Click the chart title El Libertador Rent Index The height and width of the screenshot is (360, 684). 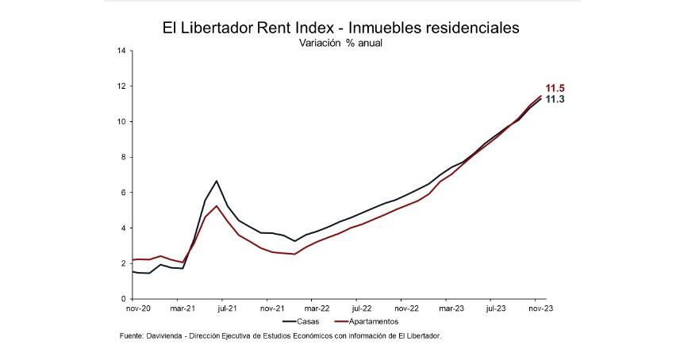pyautogui.click(x=341, y=28)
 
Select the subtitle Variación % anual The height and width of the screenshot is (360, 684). pyautogui.click(x=341, y=44)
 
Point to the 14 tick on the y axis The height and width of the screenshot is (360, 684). pyautogui.click(x=121, y=51)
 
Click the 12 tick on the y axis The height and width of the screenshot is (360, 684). pyautogui.click(x=121, y=86)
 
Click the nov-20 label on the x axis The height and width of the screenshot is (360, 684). pyautogui.click(x=139, y=309)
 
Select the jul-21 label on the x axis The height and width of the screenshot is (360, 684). pyautogui.click(x=228, y=309)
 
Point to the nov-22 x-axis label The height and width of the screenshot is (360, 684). pyautogui.click(x=406, y=309)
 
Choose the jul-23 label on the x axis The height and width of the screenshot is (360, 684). pyautogui.click(x=496, y=309)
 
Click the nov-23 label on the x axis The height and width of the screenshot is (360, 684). pyautogui.click(x=540, y=309)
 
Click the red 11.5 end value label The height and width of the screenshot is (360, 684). pyautogui.click(x=555, y=88)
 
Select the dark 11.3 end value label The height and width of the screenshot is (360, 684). pyautogui.click(x=555, y=99)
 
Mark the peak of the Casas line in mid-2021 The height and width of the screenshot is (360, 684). pyautogui.click(x=217, y=181)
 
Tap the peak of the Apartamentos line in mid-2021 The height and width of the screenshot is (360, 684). pyautogui.click(x=217, y=205)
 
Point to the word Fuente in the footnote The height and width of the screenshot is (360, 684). pyautogui.click(x=132, y=336)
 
